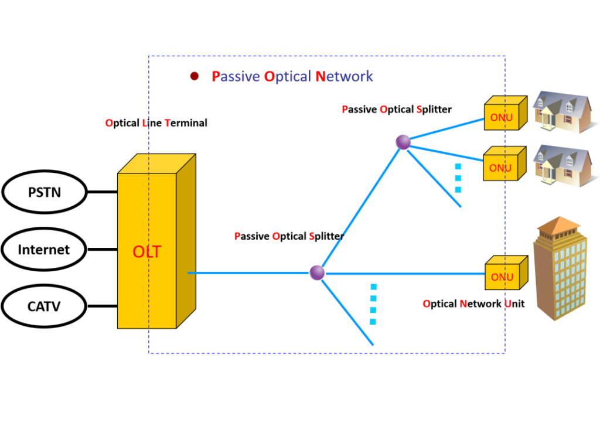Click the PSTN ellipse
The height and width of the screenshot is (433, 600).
45,192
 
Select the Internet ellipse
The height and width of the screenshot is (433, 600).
45,250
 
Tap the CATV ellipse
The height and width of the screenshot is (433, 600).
45,306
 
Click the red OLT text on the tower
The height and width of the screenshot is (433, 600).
146,252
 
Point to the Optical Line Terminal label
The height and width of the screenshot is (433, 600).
156,123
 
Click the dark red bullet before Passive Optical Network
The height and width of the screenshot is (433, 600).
195,76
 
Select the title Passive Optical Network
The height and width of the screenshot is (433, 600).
292,76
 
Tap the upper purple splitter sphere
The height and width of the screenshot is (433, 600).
403,142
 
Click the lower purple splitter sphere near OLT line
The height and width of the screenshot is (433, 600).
317,272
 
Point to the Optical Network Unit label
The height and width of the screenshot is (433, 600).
473,304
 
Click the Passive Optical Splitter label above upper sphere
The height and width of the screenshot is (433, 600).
397,110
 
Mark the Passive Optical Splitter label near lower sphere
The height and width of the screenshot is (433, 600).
289,236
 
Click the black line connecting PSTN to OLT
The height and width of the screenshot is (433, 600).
102,192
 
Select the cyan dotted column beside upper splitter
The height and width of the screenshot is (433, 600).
458,178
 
